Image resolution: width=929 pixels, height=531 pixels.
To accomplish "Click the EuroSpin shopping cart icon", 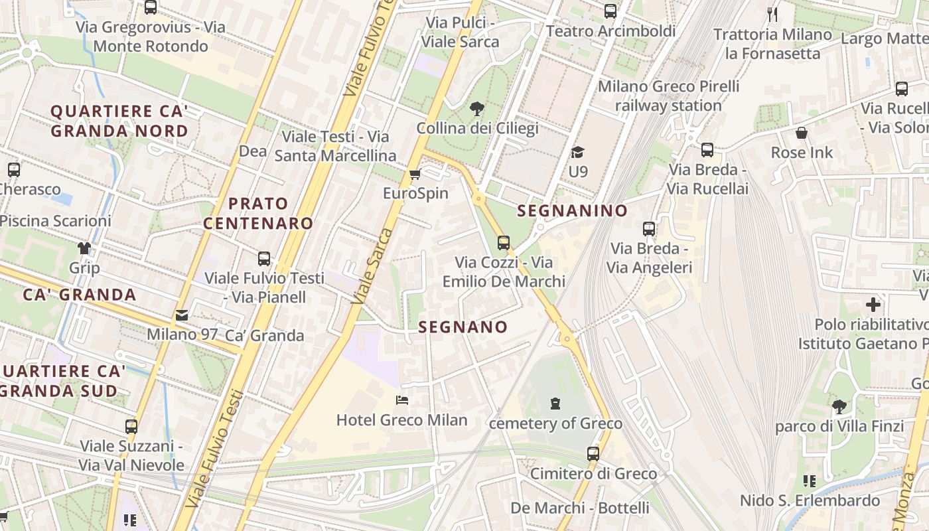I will tap(415, 175).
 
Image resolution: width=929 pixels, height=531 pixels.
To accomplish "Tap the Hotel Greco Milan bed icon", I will tap(402, 400).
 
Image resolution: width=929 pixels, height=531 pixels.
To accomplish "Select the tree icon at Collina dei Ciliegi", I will tap(476, 109).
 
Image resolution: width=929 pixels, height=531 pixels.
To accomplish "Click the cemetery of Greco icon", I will tap(555, 403).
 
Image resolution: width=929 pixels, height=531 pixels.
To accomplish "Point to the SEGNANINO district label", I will tap(572, 211).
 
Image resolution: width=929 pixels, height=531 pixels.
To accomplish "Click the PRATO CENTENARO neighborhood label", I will tap(257, 213).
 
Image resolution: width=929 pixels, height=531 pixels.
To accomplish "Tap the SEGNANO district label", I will tap(463, 327).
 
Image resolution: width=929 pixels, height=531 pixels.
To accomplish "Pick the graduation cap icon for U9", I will tap(577, 153).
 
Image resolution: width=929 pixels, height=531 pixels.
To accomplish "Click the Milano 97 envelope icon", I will tap(181, 315).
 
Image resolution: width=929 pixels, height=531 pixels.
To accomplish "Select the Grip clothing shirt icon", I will tap(84, 248).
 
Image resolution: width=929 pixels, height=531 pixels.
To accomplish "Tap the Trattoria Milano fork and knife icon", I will tap(772, 15).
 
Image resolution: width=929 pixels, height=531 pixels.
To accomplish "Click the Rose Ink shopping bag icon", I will tap(802, 133).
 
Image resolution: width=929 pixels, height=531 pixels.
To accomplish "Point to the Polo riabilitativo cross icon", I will tap(873, 305).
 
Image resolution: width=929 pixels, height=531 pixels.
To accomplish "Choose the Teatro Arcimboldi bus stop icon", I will tap(610, 11).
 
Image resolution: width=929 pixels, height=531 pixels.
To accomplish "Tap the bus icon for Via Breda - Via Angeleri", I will tap(649, 229).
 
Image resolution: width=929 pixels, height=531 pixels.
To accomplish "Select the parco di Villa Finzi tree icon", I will tap(839, 406).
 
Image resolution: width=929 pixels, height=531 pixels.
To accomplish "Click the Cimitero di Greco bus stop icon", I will tap(593, 454).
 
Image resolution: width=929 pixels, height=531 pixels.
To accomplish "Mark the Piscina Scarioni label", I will tap(56, 221).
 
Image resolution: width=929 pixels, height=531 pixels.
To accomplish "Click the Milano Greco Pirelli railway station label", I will tap(668, 96).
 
